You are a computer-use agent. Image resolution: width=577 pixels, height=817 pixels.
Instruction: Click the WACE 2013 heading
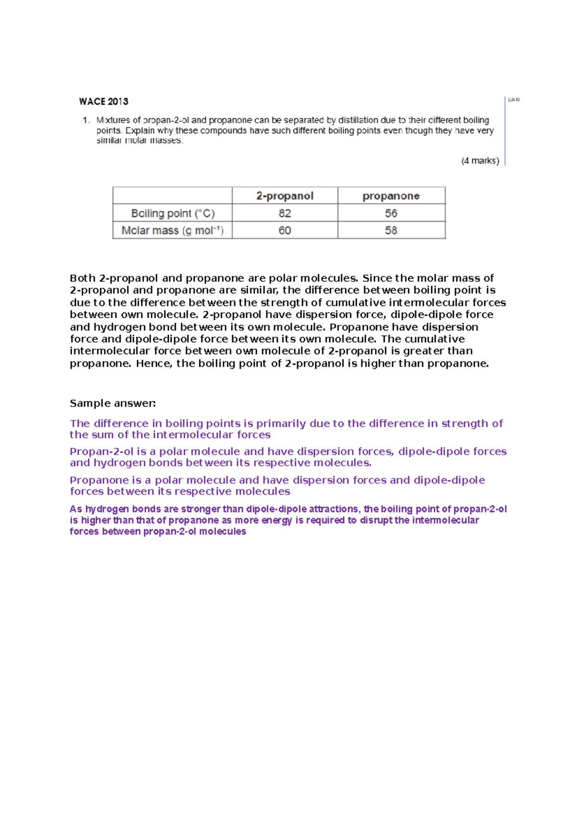(x=103, y=102)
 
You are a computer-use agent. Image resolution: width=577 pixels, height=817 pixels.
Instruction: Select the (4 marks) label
(x=480, y=161)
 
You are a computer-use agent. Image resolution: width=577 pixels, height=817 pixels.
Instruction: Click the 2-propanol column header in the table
(x=285, y=196)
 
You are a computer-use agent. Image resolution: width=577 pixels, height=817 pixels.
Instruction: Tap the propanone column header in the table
(x=391, y=196)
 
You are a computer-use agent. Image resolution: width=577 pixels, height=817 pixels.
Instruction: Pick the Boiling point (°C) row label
(x=173, y=213)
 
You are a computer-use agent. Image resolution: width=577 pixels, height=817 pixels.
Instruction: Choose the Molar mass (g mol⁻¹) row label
(x=173, y=230)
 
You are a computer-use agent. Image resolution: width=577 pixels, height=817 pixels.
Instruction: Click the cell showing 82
(x=285, y=213)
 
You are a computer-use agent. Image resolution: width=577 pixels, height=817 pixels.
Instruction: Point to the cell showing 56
(x=391, y=213)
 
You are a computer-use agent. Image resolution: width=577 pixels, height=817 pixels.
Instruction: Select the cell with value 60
(x=285, y=230)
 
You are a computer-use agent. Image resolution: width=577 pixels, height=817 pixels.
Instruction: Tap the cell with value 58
(x=391, y=230)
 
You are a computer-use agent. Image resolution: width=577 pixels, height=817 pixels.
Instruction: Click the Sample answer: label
(x=113, y=403)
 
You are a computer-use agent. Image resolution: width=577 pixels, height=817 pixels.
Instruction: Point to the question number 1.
(x=86, y=120)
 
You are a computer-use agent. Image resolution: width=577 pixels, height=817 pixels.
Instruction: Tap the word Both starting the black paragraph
(x=82, y=278)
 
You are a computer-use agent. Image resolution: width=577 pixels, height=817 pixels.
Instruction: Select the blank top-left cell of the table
(x=173, y=196)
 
